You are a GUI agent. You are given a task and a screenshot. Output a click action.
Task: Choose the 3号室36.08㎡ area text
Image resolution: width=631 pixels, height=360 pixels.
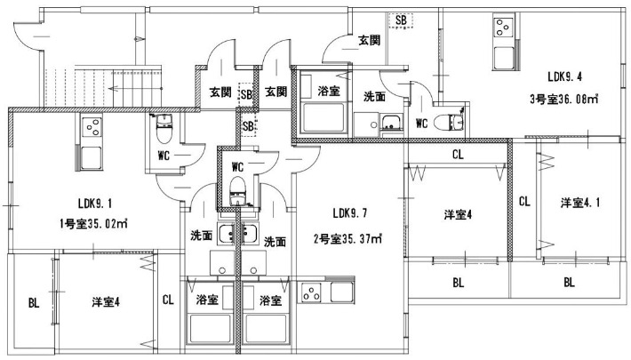tap(559, 99)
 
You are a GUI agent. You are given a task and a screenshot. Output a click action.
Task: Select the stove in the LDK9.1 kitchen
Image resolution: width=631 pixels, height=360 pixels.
tap(92, 130)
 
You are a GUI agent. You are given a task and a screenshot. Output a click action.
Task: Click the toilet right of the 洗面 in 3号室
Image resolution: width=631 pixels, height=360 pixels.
tap(456, 121)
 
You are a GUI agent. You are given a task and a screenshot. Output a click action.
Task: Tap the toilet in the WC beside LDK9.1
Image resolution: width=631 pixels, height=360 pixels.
tap(162, 132)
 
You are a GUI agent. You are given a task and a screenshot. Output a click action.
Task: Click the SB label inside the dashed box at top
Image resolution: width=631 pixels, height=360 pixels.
tap(402, 20)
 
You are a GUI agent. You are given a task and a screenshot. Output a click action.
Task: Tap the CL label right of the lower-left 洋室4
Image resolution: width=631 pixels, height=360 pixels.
tap(167, 300)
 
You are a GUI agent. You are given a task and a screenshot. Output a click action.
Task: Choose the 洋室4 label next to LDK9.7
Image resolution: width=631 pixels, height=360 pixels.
tap(458, 214)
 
